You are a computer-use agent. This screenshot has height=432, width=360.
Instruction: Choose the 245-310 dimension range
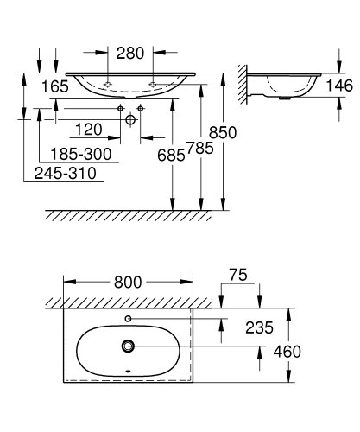point(65,173)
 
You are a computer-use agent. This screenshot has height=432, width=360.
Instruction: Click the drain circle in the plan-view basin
point(129,347)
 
